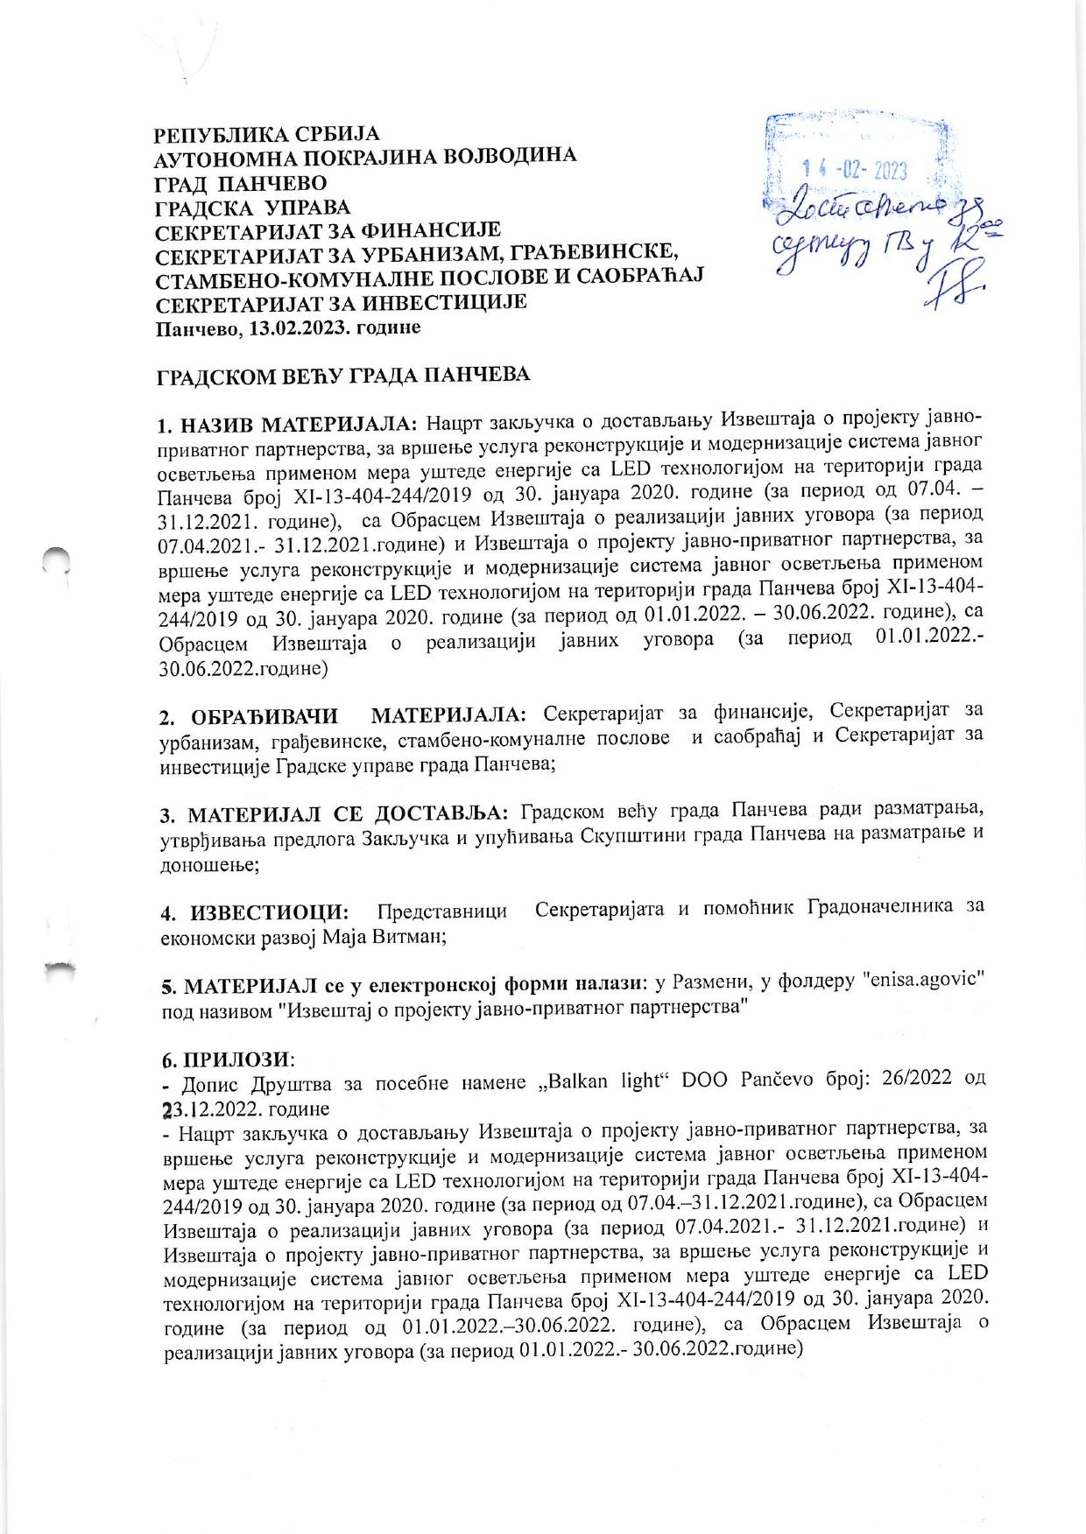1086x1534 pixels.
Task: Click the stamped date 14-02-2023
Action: tap(855, 171)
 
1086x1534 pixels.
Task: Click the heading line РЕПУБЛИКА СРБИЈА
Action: tap(267, 136)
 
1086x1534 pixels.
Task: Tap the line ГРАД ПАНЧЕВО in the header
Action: tap(240, 183)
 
